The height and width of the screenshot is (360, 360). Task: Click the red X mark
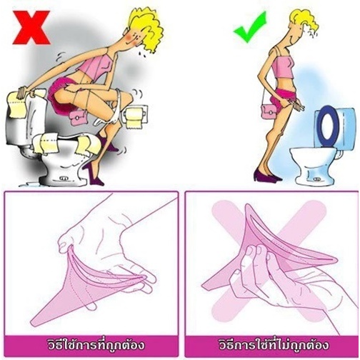pyautogui.click(x=31, y=28)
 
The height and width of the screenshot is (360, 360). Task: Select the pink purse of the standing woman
pyautogui.click(x=269, y=112)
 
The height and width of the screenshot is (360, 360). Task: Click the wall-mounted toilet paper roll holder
pyautogui.click(x=134, y=116)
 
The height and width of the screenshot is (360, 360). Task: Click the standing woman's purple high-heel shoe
pyautogui.click(x=266, y=176)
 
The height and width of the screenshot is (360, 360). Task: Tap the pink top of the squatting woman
pyautogui.click(x=95, y=66)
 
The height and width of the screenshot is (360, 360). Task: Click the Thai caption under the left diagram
pyautogui.click(x=96, y=345)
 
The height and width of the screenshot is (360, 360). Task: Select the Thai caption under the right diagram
pyautogui.click(x=274, y=345)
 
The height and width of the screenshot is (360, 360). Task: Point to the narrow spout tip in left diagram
pyautogui.click(x=34, y=324)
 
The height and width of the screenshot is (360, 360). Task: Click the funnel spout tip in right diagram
pyautogui.click(x=205, y=286)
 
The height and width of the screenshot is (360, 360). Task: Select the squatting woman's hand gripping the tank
pyautogui.click(x=24, y=92)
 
